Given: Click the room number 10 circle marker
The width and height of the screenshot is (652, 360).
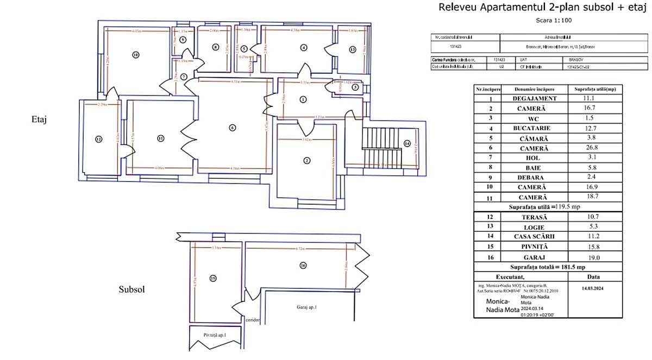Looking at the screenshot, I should pos(136,55).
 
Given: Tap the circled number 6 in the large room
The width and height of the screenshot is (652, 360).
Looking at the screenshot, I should pos(232,128).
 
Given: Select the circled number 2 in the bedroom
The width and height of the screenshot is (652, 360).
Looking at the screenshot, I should pos(307,160).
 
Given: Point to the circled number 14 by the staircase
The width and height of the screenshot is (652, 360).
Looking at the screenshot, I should pos(407,144).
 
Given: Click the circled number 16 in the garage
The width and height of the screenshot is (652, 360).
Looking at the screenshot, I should pos(303,266).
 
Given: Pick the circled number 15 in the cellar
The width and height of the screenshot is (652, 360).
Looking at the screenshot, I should pos(213,279).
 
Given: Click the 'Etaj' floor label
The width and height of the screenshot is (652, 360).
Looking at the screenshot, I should pos(40,120).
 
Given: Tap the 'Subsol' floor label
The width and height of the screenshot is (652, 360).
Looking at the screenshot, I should pos(132,290).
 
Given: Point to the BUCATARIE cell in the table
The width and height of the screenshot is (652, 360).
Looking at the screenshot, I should pos(535,128).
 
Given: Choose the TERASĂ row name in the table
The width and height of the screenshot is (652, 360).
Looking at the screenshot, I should pos(535,217).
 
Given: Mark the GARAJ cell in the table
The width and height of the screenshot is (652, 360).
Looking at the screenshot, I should pos(535,256).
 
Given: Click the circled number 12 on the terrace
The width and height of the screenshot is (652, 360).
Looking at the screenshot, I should pos(98,140).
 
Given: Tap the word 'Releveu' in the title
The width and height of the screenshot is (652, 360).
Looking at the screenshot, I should pos(457,8).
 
